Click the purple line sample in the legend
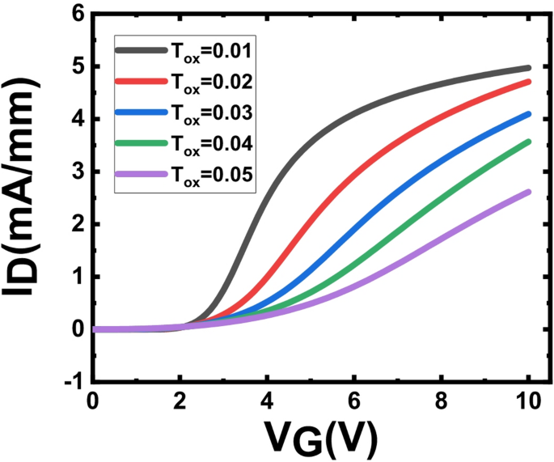pyautogui.click(x=139, y=174)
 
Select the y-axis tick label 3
pyautogui.click(x=77, y=172)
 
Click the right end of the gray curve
pyautogui.click(x=528, y=68)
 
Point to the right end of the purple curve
pyautogui.click(x=528, y=192)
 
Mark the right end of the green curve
pyautogui.click(x=528, y=142)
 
